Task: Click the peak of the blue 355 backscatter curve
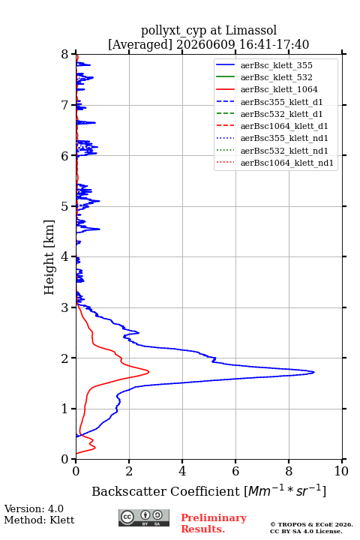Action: pos(313,372)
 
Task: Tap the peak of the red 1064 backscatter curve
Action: pos(148,371)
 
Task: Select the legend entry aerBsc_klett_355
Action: pos(276,65)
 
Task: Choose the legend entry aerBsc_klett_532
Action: pos(276,77)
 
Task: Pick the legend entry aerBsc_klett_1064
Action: pos(279,89)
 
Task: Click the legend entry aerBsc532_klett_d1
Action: pos(281,114)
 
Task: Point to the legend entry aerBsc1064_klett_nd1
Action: pos(287,163)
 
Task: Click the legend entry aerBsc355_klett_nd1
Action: pos(284,138)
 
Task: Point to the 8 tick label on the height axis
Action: pos(65,54)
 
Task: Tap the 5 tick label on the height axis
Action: pos(65,206)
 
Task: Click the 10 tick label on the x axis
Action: pos(341,471)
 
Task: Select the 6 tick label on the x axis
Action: pos(235,471)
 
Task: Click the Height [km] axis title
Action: pos(49,257)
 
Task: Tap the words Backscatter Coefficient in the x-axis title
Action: pos(165,491)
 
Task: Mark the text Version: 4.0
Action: pos(34,508)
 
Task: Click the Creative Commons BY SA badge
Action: pos(144,517)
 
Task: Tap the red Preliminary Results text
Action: pos(214,523)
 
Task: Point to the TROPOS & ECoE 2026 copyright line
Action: pos(311,524)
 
